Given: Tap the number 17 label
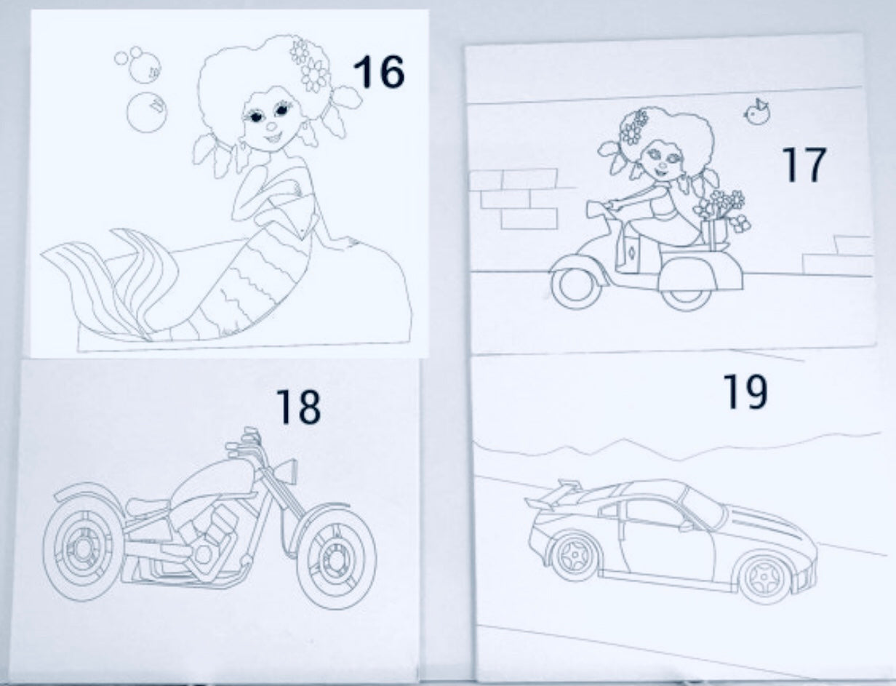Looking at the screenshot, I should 804,164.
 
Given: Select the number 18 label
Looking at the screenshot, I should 298,406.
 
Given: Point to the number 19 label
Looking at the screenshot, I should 745,392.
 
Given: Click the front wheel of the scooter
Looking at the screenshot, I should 571,285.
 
